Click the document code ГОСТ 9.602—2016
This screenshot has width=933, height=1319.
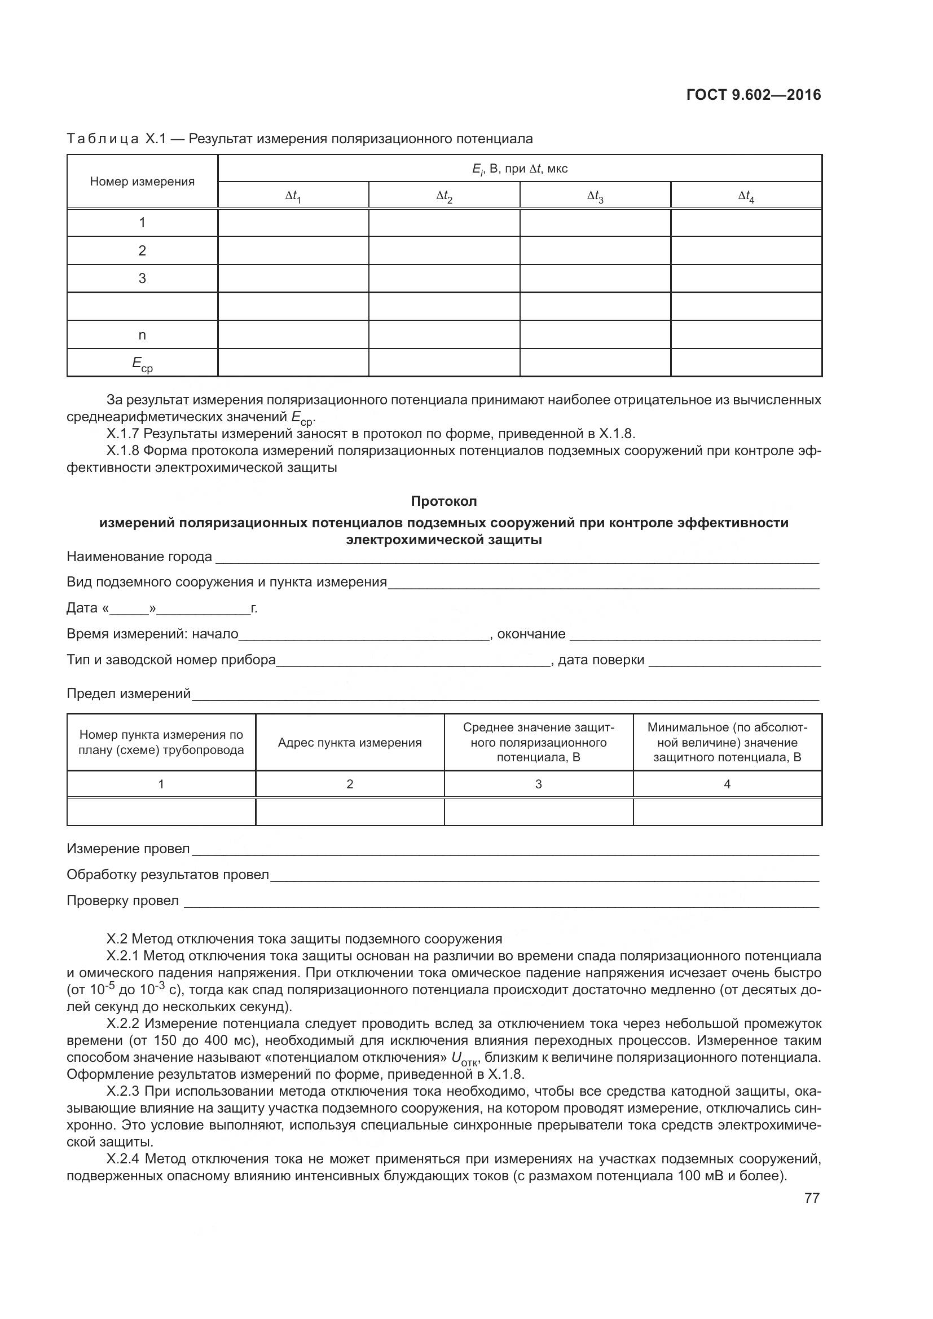click(x=754, y=95)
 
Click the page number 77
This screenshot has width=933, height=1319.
click(x=812, y=1198)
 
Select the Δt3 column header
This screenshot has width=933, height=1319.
click(x=595, y=196)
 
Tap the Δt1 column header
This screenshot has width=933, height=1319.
click(x=293, y=196)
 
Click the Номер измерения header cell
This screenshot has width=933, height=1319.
click(x=142, y=182)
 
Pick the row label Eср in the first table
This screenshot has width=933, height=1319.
click(x=142, y=364)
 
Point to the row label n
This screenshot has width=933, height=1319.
click(x=142, y=335)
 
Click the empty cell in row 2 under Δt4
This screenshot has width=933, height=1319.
click(x=746, y=250)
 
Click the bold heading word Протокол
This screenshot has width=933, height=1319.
click(x=443, y=501)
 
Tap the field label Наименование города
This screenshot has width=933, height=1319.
click(x=139, y=557)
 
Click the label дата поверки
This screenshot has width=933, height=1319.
click(x=601, y=660)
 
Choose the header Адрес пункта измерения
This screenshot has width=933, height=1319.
click(x=349, y=742)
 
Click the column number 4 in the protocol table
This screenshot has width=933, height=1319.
click(x=727, y=784)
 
